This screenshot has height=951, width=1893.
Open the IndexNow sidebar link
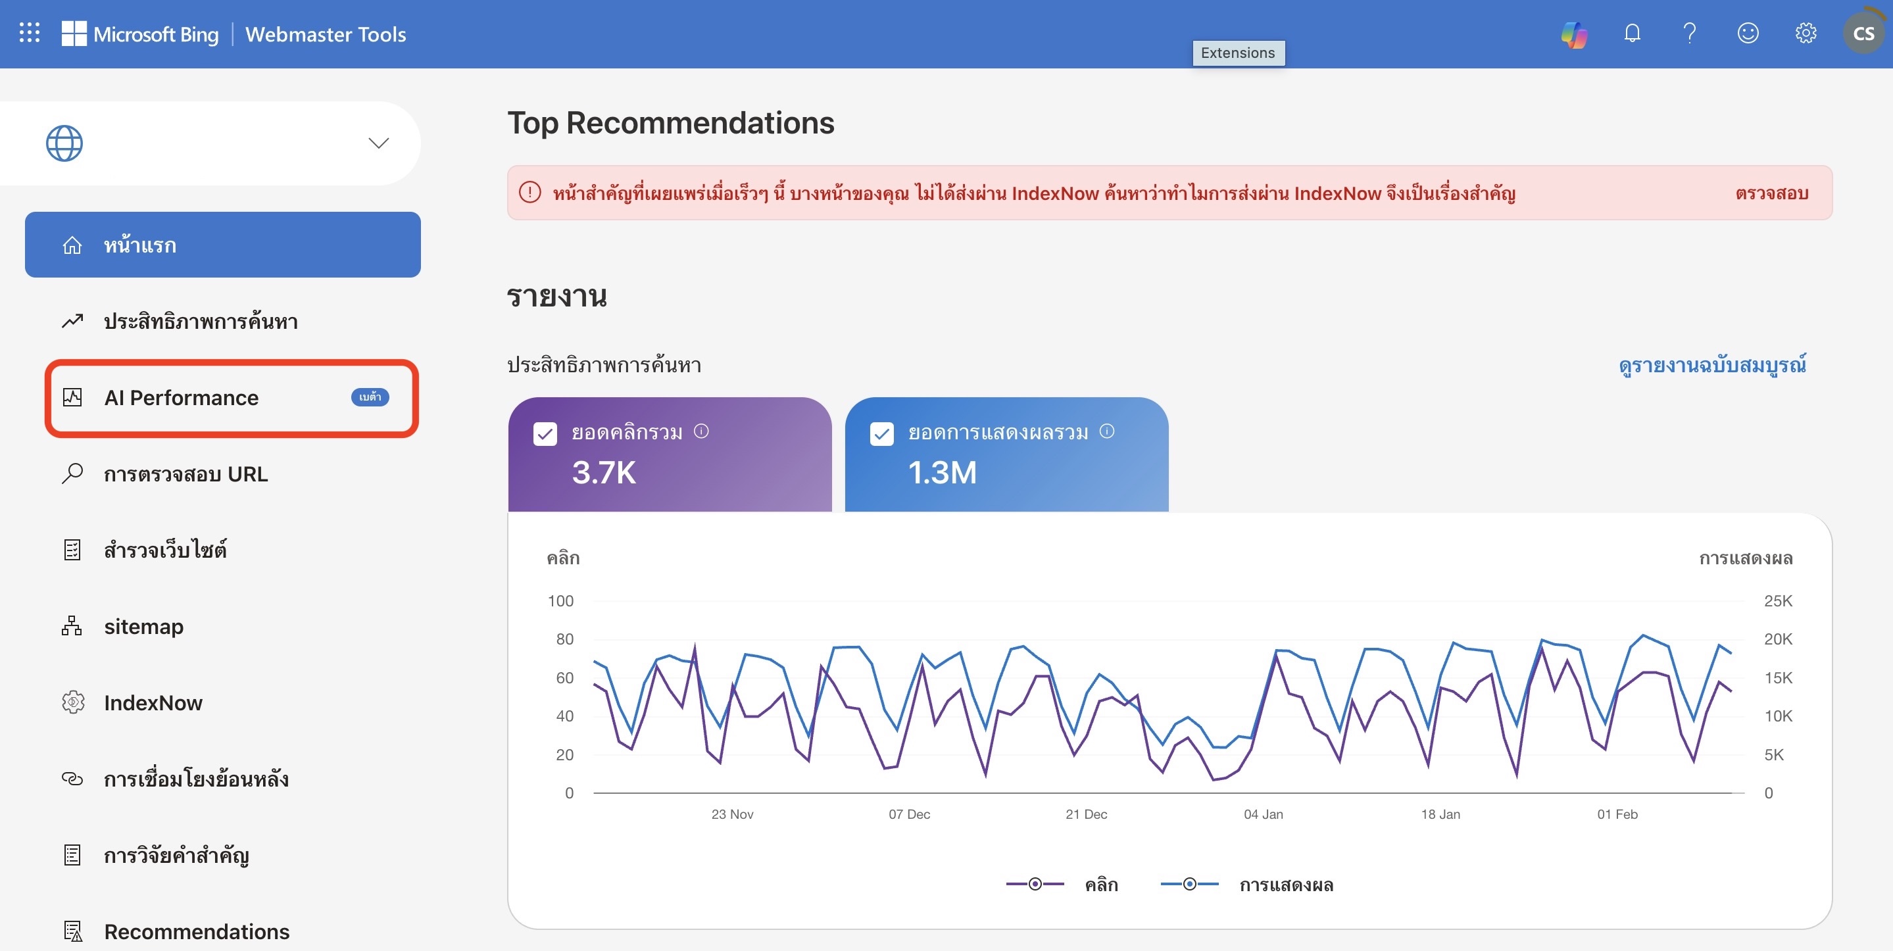[x=153, y=702]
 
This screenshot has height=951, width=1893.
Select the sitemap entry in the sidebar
[x=143, y=626]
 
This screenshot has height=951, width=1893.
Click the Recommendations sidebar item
[x=196, y=931]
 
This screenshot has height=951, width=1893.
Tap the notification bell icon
[x=1632, y=33]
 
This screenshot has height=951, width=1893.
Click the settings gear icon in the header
[x=1806, y=33]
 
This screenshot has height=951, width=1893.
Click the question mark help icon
[x=1690, y=33]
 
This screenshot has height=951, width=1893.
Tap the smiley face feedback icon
[x=1748, y=33]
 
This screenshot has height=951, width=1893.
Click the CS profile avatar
[x=1863, y=33]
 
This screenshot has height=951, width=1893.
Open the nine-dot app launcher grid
[x=30, y=32]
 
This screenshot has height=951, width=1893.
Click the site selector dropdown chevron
[x=378, y=143]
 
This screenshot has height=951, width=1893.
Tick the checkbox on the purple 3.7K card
[x=545, y=433]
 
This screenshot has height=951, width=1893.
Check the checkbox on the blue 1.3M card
[x=882, y=433]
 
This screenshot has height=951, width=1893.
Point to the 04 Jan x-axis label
[x=1264, y=814]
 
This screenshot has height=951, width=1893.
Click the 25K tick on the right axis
[x=1778, y=601]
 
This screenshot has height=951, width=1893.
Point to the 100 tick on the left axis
[x=560, y=601]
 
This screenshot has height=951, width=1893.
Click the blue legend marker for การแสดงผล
[x=1189, y=884]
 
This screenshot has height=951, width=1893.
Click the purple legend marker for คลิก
[x=1035, y=884]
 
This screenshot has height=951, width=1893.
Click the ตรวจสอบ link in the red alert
[x=1772, y=193]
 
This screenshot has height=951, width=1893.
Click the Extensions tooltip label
[x=1239, y=53]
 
